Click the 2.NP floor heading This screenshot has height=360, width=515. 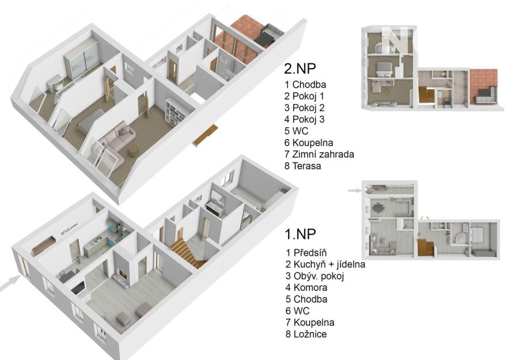(300, 69)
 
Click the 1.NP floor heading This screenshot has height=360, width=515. (300, 234)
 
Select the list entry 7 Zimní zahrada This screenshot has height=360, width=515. (319, 154)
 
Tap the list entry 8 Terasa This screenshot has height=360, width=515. (303, 166)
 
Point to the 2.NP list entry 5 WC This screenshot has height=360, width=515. (296, 131)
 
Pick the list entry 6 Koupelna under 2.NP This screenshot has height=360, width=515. (309, 142)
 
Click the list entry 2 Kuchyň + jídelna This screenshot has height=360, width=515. (325, 264)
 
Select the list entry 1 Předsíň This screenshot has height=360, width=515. (306, 253)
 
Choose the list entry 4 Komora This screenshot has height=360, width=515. (306, 287)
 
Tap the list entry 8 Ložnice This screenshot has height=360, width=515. (306, 334)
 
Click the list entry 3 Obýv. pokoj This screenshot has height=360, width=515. (315, 276)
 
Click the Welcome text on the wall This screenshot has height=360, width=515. (70, 229)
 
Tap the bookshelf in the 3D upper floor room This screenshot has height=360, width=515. (176, 112)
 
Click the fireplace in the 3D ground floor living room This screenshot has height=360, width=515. (120, 274)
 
